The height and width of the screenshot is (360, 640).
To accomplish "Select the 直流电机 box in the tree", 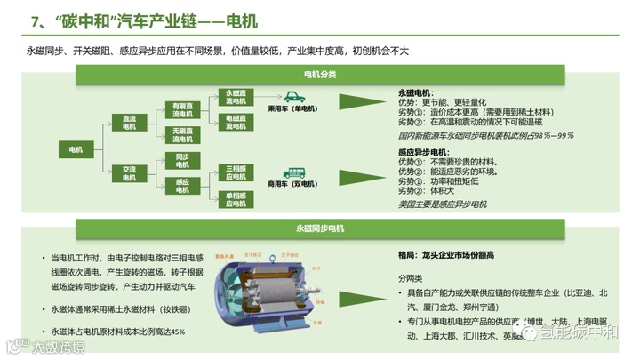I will coord(130,122).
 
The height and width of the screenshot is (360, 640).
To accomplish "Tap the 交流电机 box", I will coord(130,174).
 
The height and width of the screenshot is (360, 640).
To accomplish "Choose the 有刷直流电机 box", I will coord(182,110).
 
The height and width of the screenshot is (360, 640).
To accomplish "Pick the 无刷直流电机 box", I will coord(182,135).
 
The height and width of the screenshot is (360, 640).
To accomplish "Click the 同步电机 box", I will coord(182,161).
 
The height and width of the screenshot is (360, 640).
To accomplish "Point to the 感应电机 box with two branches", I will coord(182,186).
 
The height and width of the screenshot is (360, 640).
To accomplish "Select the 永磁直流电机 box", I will coord(236,97).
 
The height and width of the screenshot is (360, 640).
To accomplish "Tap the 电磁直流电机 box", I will coord(236,122).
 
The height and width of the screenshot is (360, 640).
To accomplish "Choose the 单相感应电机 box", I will coord(236,198).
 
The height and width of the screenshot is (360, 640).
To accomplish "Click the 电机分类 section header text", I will coord(320,75).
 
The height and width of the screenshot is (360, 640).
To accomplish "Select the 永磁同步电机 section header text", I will coord(320,228).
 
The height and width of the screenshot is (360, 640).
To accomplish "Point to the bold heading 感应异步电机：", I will coord(423,153).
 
